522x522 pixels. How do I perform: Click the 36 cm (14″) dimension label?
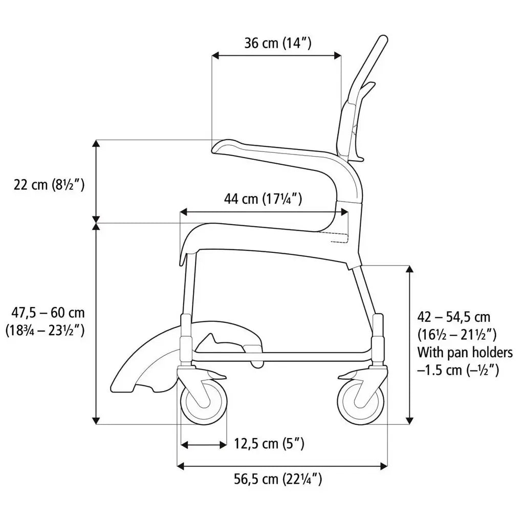pos(277,43)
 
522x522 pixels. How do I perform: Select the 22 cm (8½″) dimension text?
pos(49,184)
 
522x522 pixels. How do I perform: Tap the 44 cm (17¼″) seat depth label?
pos(263,199)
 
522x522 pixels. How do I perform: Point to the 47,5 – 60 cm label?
pos(48,312)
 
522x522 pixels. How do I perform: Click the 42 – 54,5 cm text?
pos(454,317)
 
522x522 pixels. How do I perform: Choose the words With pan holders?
pos(465,352)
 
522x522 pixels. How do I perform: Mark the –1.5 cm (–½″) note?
pos(458,369)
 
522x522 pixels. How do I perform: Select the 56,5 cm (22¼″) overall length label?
pos(278,479)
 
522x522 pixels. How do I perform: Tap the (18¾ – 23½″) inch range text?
pos(45,330)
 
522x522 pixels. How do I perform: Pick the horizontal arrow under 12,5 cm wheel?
pos(204,445)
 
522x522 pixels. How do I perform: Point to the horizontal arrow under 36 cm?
pos(276,55)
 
